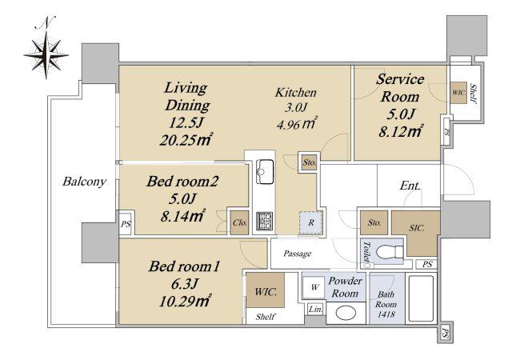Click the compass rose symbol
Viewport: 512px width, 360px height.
[46, 55]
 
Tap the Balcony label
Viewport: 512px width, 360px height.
[84, 182]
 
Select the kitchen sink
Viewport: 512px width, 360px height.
[265, 171]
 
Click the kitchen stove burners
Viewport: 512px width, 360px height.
[264, 221]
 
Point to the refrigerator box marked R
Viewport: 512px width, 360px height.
[311, 222]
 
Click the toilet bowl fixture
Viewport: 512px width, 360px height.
[390, 252]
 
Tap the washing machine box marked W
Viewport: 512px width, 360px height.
[314, 287]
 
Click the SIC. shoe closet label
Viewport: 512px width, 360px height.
[417, 228]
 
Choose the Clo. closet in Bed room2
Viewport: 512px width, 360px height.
[240, 222]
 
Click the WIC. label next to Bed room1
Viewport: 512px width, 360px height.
[265, 291]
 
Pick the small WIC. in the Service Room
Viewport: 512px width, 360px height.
[458, 93]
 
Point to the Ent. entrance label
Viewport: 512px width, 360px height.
[410, 186]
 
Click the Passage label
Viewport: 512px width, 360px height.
[297, 254]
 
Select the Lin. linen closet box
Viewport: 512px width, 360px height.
[315, 309]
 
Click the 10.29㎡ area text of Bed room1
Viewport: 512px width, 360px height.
[184, 301]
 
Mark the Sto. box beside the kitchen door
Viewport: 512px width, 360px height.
[309, 162]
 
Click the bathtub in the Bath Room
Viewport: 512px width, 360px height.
[421, 299]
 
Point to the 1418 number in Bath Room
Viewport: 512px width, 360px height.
[386, 314]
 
